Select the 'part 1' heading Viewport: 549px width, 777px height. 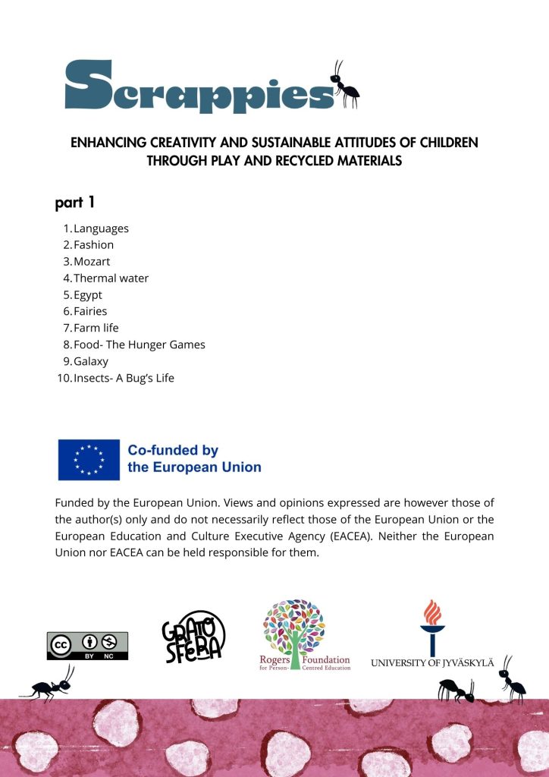click(74, 203)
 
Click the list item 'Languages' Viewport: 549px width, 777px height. click(101, 228)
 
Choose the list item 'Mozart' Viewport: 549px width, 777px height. click(92, 262)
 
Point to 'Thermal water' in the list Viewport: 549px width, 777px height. click(111, 278)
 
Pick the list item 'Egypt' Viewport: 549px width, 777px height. click(88, 295)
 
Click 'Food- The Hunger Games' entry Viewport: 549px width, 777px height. click(139, 344)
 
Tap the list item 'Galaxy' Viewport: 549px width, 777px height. click(91, 361)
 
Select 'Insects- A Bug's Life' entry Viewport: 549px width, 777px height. click(124, 378)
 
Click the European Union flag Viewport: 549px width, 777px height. click(89, 459)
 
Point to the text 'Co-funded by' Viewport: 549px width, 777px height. click(173, 451)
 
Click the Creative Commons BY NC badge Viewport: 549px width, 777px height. click(87, 646)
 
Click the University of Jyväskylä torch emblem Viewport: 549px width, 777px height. click(432, 627)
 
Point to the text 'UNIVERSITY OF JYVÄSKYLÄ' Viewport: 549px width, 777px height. click(432, 663)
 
